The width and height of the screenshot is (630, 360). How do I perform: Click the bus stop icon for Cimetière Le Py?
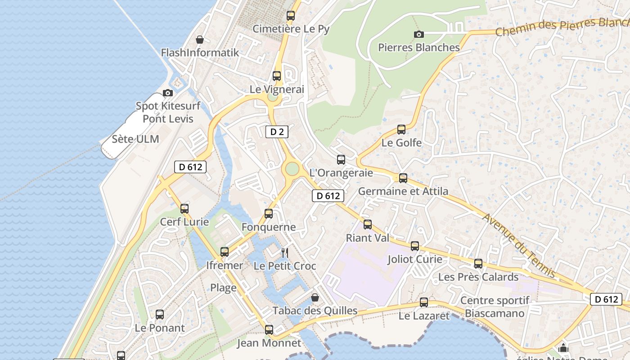tap(291, 16)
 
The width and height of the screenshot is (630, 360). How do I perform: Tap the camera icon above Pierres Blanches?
tap(418, 34)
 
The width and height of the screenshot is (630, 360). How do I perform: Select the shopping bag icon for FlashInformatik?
tap(200, 40)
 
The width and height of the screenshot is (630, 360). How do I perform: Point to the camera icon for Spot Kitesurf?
tap(168, 93)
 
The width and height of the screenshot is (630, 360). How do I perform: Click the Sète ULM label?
tap(135, 139)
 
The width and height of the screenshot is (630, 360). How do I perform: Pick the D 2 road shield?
tap(276, 132)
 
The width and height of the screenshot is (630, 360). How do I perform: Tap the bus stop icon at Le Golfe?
tap(401, 130)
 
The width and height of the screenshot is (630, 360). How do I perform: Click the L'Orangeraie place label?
tap(341, 173)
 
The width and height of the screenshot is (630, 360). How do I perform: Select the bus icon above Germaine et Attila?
tap(403, 178)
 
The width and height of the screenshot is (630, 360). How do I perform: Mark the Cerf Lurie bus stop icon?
tap(184, 208)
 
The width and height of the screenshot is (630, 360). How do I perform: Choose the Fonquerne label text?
tap(269, 227)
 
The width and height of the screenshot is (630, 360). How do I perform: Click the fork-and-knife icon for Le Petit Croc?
tap(284, 252)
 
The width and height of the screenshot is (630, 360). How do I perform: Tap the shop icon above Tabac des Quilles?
tap(315, 297)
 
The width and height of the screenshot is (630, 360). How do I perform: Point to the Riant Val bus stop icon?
tap(368, 224)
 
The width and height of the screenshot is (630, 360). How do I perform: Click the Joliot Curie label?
tap(415, 260)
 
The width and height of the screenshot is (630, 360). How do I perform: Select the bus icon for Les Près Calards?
tap(478, 263)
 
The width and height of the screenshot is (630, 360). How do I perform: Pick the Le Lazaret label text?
tap(424, 316)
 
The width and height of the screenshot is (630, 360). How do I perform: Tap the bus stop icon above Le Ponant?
tap(160, 315)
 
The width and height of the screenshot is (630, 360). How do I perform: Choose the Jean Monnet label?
tap(269, 343)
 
